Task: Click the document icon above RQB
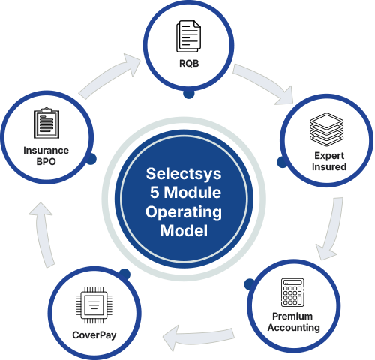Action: (x=187, y=36)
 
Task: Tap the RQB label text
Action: (x=187, y=65)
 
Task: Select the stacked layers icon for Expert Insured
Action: (x=328, y=130)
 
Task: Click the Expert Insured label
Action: (x=328, y=161)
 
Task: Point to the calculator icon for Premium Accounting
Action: (x=293, y=292)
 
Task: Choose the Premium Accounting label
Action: (x=293, y=322)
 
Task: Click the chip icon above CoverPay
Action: (x=94, y=304)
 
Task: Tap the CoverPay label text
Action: (x=94, y=334)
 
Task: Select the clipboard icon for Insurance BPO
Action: (x=46, y=124)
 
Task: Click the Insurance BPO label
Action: (x=46, y=155)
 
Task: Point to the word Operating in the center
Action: (x=184, y=212)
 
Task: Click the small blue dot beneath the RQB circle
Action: (x=189, y=94)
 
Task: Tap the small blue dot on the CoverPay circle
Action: (x=124, y=275)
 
